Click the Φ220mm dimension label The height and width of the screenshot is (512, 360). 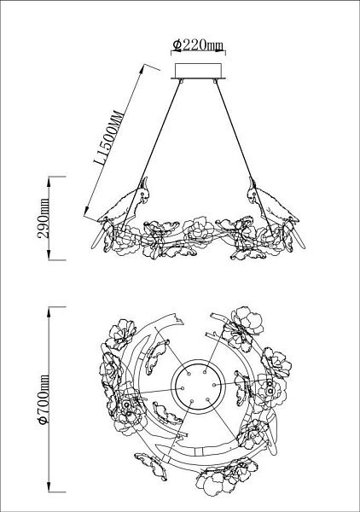[x=198, y=45]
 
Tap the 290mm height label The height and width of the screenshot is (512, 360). [x=44, y=218]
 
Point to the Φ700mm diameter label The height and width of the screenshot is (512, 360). [x=44, y=399]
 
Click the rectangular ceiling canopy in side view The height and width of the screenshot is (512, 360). [x=198, y=71]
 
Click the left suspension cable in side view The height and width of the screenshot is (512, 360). [x=152, y=154]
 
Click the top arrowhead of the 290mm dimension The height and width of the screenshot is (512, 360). [x=49, y=182]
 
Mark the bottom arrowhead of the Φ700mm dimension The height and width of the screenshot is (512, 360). [x=49, y=486]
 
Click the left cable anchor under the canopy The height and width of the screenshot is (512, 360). [x=181, y=80]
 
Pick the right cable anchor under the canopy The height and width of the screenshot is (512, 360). [x=215, y=80]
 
